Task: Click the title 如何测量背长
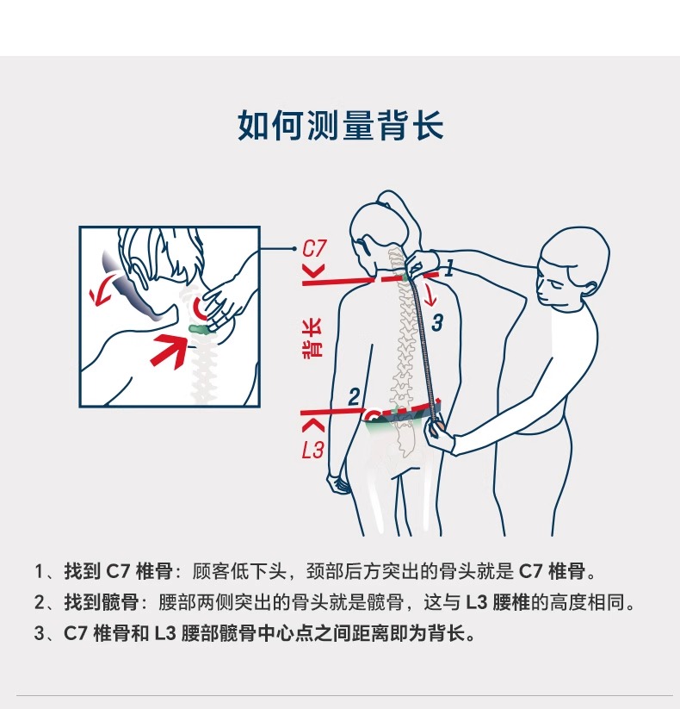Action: (x=340, y=125)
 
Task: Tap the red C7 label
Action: (x=314, y=249)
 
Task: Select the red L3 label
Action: (x=312, y=451)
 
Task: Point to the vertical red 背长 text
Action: (x=312, y=339)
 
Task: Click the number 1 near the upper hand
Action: (x=449, y=269)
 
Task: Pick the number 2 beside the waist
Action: (x=355, y=397)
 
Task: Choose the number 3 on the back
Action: (x=437, y=323)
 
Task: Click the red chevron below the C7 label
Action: (x=315, y=271)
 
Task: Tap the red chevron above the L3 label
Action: (x=313, y=425)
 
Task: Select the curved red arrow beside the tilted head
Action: (x=104, y=292)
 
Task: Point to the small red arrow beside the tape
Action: (x=430, y=293)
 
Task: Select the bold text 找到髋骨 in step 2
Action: (x=102, y=602)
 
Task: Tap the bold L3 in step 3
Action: (x=165, y=633)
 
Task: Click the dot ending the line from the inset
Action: (x=294, y=248)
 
